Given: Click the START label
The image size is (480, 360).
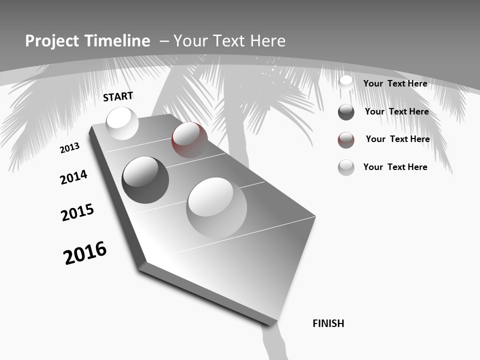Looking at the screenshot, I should click(x=118, y=96).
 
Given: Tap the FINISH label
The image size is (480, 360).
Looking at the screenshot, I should click(x=328, y=323).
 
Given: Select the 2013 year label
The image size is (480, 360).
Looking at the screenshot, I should click(x=70, y=148).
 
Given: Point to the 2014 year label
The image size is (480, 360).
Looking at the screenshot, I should click(x=73, y=177).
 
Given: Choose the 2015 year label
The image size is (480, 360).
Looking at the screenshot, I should click(x=77, y=212).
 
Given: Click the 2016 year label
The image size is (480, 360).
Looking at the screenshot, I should click(x=85, y=252).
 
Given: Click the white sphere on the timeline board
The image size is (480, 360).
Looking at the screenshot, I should click(x=122, y=123).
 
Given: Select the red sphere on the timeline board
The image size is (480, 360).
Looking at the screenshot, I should click(x=189, y=140).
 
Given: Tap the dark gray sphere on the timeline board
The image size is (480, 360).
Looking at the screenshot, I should click(x=145, y=180).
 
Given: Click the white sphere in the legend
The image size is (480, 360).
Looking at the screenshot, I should click(x=346, y=83).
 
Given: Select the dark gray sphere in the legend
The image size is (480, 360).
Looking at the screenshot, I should click(x=346, y=112).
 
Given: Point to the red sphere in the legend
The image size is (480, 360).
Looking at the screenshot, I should click(x=346, y=140).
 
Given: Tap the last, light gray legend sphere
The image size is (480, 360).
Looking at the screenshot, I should click(x=346, y=167).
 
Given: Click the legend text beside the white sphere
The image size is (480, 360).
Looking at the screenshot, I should click(x=395, y=83).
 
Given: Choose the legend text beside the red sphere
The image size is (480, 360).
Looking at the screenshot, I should click(x=397, y=139).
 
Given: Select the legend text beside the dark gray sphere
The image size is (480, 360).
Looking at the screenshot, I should click(x=396, y=111).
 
